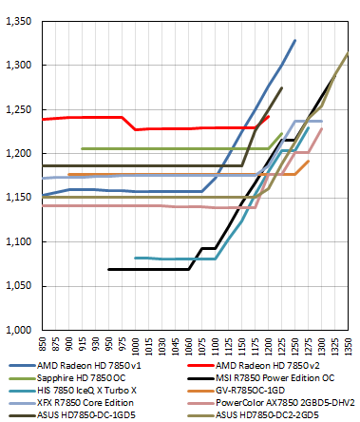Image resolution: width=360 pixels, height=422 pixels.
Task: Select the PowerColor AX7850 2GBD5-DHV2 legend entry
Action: click(283, 403)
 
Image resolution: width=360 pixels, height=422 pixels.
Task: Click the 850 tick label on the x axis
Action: click(42, 344)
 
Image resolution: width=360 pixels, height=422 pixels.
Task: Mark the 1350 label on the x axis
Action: click(349, 344)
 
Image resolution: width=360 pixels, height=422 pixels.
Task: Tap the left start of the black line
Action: click(108, 269)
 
